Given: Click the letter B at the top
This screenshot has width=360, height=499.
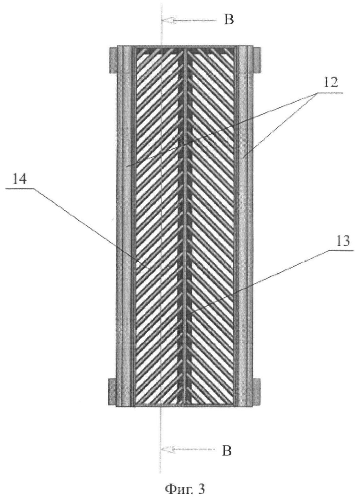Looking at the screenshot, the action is [x=229, y=20].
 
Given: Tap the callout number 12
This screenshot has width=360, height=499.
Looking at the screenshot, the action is [x=331, y=84].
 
